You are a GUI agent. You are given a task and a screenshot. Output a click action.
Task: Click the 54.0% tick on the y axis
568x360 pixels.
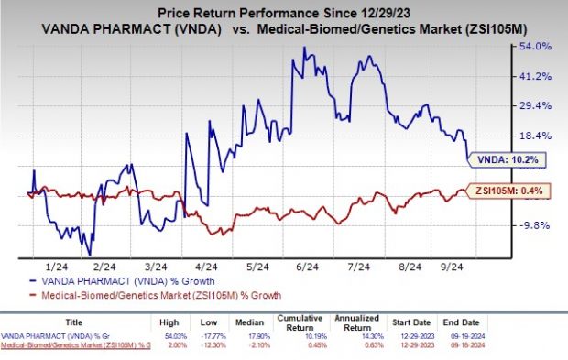535,46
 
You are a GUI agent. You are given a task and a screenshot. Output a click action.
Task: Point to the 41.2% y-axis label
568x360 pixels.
535,75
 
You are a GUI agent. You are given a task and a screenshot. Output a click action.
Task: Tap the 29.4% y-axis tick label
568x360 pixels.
535,105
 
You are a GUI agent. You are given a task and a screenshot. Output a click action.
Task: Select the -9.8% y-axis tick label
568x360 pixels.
535,224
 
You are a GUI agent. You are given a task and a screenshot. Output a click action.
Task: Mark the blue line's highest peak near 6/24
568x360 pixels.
303,48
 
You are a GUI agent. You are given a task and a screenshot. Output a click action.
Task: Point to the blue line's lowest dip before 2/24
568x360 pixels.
90,255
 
